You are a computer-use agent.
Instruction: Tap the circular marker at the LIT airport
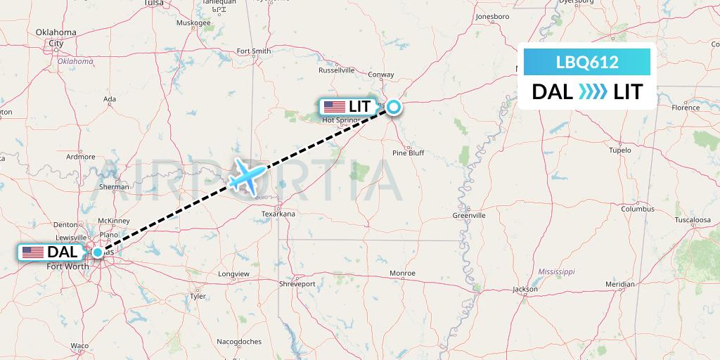[394, 107]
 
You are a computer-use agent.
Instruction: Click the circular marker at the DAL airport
[98, 252]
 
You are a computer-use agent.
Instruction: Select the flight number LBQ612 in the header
[587, 63]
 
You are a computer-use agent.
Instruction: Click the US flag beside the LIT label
[335, 107]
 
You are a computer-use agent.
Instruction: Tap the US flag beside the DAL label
[32, 252]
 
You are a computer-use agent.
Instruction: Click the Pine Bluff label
[408, 153]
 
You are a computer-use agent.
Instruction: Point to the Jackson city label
[525, 290]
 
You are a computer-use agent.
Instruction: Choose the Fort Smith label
[253, 51]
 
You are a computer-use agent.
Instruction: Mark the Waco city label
[79, 346]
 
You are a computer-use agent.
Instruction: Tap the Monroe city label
[403, 273]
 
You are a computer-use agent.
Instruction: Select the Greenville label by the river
[469, 215]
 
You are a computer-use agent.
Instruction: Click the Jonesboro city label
[492, 16]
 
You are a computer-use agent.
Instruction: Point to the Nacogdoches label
[239, 342]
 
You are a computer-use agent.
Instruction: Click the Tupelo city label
[621, 150]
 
